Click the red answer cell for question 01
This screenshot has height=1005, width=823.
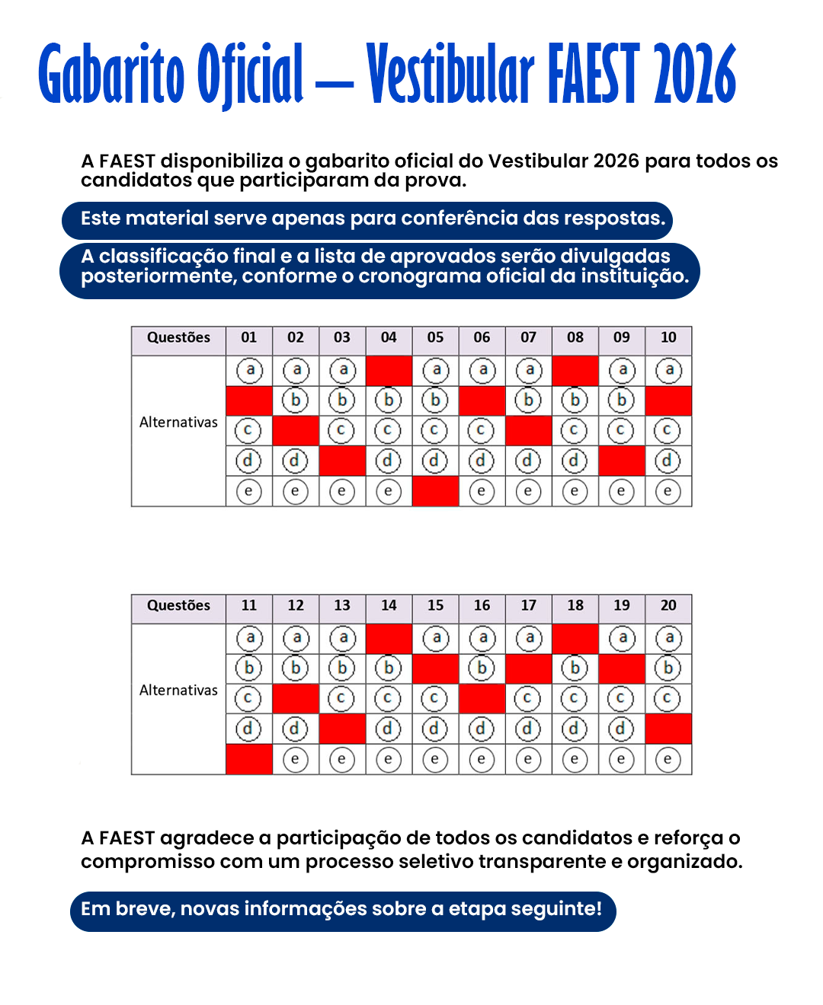249,400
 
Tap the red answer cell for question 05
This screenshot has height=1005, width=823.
435,491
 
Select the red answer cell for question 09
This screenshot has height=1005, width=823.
622,461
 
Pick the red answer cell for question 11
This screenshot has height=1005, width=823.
249,759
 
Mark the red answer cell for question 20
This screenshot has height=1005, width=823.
668,729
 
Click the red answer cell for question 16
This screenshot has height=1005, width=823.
482,698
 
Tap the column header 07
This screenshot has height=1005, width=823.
528,337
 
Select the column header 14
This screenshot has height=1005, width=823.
389,605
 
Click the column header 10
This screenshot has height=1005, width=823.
668,337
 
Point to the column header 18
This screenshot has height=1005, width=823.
575,605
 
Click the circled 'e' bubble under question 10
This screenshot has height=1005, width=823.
668,491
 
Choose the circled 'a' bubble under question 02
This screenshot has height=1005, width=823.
296,371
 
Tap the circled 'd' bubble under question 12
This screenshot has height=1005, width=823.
295,729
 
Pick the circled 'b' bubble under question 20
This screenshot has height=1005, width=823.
668,668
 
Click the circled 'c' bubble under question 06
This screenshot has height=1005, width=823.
481,431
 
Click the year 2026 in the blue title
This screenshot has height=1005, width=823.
695,75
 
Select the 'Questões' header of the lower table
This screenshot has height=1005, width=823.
178,605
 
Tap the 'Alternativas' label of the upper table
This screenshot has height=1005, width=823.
178,423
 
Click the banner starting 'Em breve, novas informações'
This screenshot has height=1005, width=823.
342,910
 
